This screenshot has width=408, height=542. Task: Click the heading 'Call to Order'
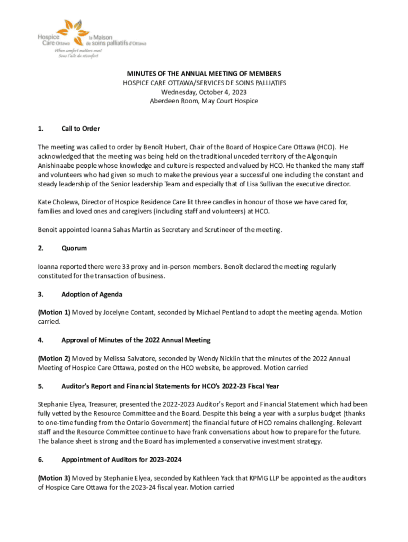[81, 129]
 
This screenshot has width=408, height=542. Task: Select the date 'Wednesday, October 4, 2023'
[203, 92]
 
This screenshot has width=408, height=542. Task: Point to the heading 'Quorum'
[74, 248]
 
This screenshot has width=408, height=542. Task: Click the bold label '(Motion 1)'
[54, 312]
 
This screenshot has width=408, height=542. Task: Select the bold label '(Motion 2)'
[54, 359]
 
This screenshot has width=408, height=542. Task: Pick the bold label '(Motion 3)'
[54, 478]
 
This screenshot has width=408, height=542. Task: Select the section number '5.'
[41, 386]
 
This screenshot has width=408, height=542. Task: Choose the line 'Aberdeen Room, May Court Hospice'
[203, 101]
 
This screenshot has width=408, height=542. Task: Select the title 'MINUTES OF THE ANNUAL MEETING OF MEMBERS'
[203, 74]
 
